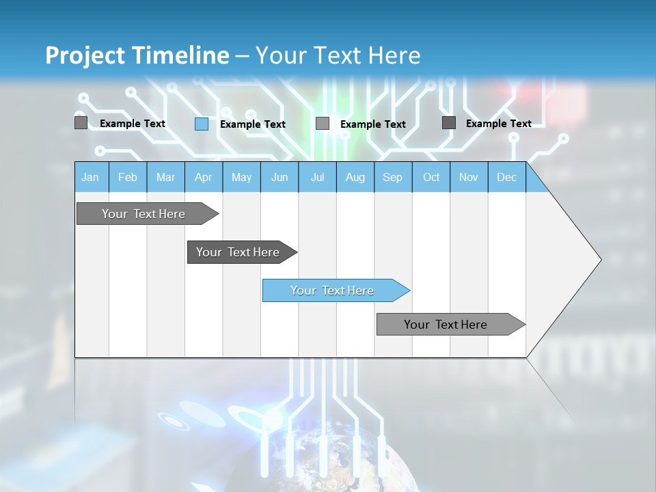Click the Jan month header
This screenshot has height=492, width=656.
click(90, 177)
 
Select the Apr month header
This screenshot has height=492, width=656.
click(203, 177)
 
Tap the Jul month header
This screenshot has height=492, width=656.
click(317, 177)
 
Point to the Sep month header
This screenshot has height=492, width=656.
click(392, 177)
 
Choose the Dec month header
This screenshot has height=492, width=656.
click(506, 177)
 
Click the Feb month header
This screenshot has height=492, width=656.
click(128, 177)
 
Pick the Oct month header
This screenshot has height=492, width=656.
click(431, 177)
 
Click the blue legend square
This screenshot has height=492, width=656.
click(202, 124)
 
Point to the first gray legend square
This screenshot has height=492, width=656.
click(81, 123)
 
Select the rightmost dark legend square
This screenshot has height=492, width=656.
click(449, 122)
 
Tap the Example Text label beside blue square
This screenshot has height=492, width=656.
click(253, 124)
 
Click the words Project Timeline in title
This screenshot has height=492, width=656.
click(137, 55)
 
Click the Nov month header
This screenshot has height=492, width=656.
click(469, 177)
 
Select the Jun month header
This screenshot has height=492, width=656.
click(279, 177)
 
